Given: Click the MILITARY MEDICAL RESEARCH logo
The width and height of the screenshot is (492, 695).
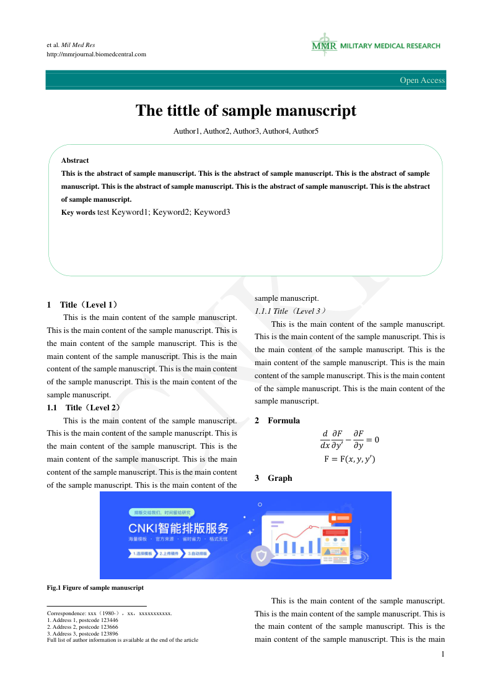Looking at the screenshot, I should pos(376,46).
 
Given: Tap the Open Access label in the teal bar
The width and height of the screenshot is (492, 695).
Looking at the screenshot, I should pos(422,80).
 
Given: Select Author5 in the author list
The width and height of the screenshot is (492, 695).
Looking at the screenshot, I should pos(305,131).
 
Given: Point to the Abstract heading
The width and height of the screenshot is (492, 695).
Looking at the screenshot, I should pos(75,160).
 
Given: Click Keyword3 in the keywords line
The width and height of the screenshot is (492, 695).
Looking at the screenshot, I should pos(212,212).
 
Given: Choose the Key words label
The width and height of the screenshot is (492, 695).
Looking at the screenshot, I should pos(78,212).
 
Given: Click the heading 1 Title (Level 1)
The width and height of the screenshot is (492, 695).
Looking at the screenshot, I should pos(82,304).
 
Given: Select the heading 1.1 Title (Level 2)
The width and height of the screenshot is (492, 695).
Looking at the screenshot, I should pos(84,407).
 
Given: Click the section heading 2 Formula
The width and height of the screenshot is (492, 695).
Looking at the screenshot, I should pos(277,421).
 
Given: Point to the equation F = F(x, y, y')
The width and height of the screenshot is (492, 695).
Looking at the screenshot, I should pos(349,459).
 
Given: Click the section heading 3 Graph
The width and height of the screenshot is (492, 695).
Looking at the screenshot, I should pos(273,478).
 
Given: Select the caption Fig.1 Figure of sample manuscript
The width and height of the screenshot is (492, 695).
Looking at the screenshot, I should pos(95,587).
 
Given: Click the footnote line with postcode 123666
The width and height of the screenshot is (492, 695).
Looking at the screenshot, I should pos(82,627).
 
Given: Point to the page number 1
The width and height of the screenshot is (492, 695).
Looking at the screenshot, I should pos(442,654).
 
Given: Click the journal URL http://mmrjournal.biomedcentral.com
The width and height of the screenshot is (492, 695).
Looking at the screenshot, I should pos(97,54).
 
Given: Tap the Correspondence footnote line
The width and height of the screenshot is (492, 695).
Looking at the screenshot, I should pos(109,613).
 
